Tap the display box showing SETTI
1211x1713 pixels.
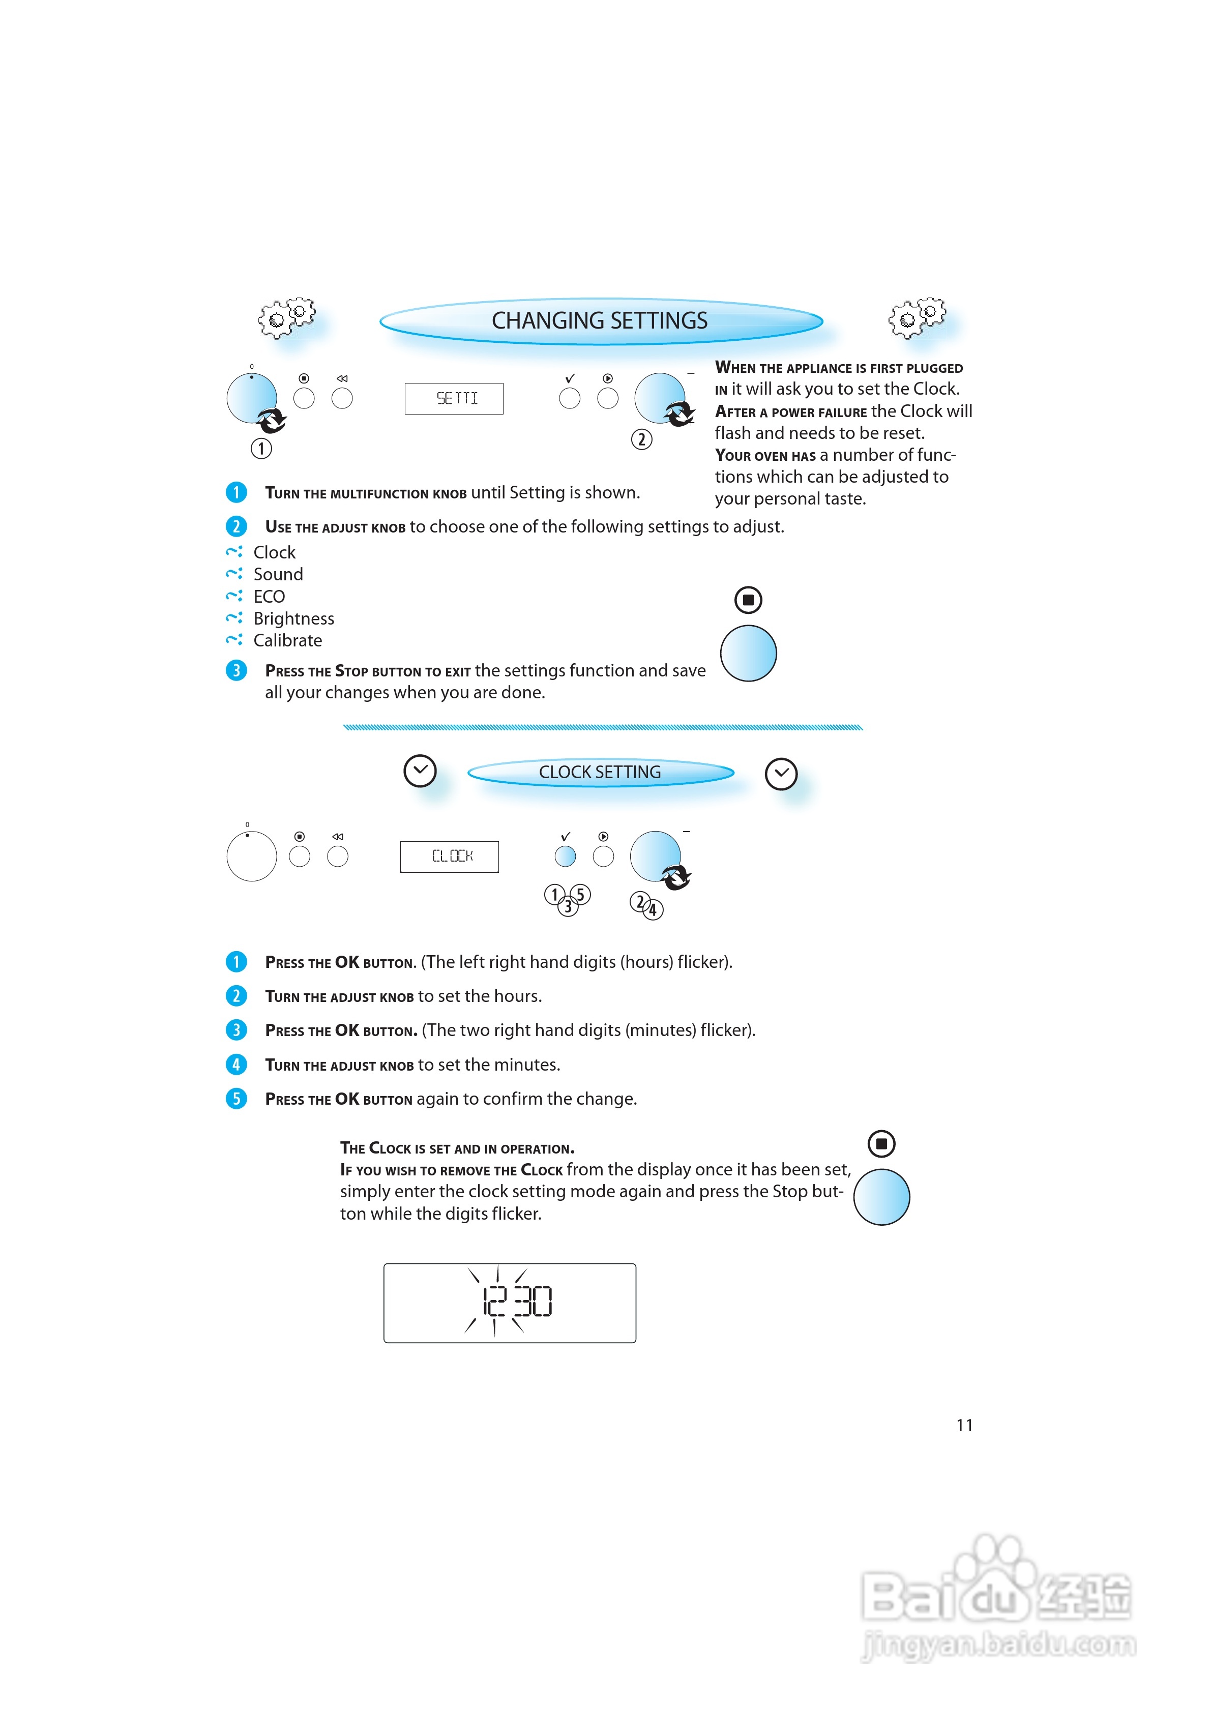pyautogui.click(x=454, y=398)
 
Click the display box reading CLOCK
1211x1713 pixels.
pyautogui.click(x=449, y=856)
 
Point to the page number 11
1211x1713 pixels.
pyautogui.click(x=964, y=1425)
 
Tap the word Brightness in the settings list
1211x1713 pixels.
pyautogui.click(x=293, y=618)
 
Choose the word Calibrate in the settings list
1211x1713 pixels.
pyautogui.click(x=287, y=640)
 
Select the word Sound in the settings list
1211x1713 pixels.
pyautogui.click(x=278, y=575)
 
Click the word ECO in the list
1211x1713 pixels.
pyautogui.click(x=269, y=597)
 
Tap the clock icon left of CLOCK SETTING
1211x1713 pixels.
pyautogui.click(x=420, y=771)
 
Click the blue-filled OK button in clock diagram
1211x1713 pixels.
pyautogui.click(x=566, y=856)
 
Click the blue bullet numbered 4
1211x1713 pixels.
pyautogui.click(x=237, y=1064)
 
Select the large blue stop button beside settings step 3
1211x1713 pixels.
pyautogui.click(x=748, y=653)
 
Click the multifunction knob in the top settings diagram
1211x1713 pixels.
pyautogui.click(x=251, y=398)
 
